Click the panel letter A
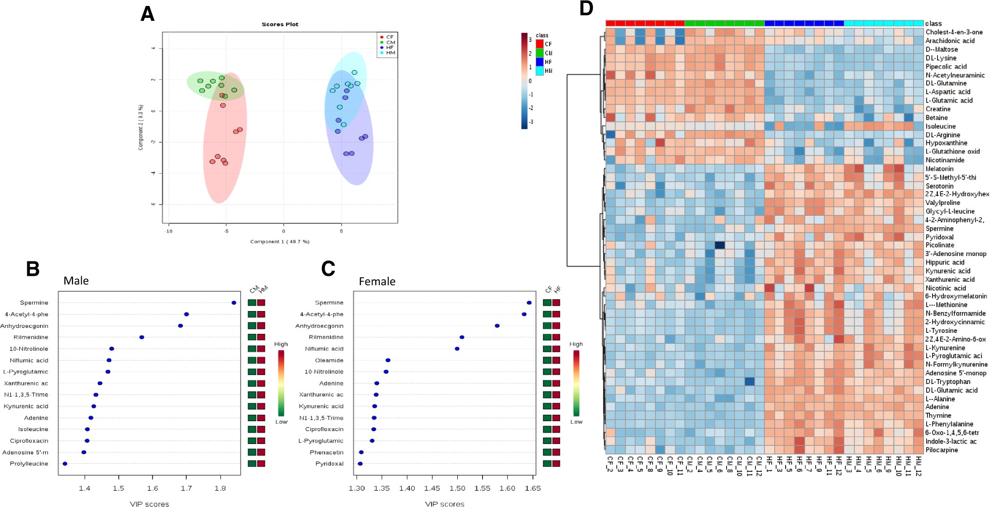(x=147, y=14)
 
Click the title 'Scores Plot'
(x=280, y=24)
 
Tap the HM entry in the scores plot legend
(x=390, y=53)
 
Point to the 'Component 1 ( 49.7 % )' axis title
(x=280, y=242)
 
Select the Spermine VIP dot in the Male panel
(x=234, y=303)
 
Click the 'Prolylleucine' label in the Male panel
(x=29, y=464)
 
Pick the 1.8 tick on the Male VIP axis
(x=220, y=489)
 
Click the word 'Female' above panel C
(x=377, y=282)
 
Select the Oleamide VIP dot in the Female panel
(x=388, y=360)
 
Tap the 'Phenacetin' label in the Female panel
(x=326, y=452)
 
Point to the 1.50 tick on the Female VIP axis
(x=457, y=489)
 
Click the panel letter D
(x=586, y=8)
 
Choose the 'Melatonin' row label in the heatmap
(x=939, y=169)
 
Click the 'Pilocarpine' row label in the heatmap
(x=941, y=450)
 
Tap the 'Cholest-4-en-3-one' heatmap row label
(x=953, y=32)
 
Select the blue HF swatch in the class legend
(x=540, y=62)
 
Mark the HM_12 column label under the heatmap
(x=918, y=466)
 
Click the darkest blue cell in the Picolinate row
(x=720, y=245)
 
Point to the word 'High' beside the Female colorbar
(x=576, y=344)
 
